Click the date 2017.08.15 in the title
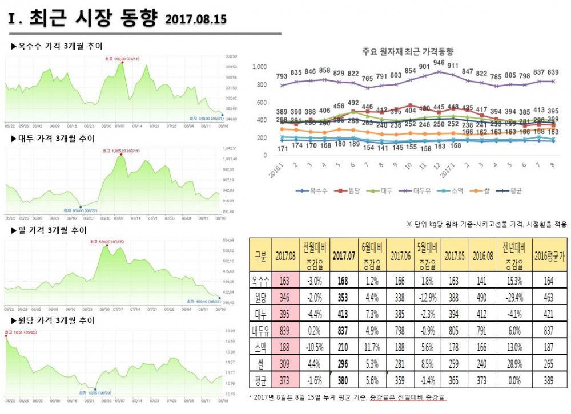[x=196, y=19]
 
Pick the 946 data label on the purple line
[x=439, y=63]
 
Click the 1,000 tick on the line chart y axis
[x=260, y=67]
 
